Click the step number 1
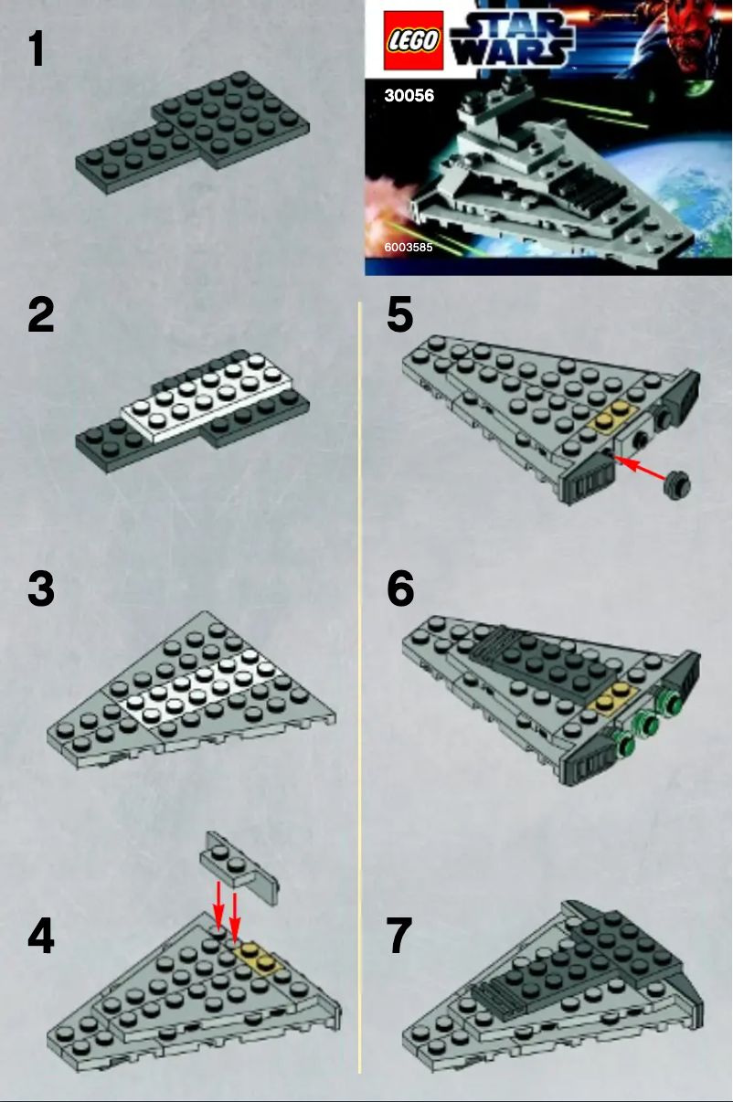tap(37, 49)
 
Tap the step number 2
tap(41, 315)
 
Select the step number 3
tap(41, 589)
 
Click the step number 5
tap(400, 315)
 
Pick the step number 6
tap(400, 589)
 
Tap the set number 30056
tap(409, 95)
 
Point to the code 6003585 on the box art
tap(409, 247)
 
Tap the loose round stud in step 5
tap(677, 482)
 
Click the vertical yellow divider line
tap(360, 685)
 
